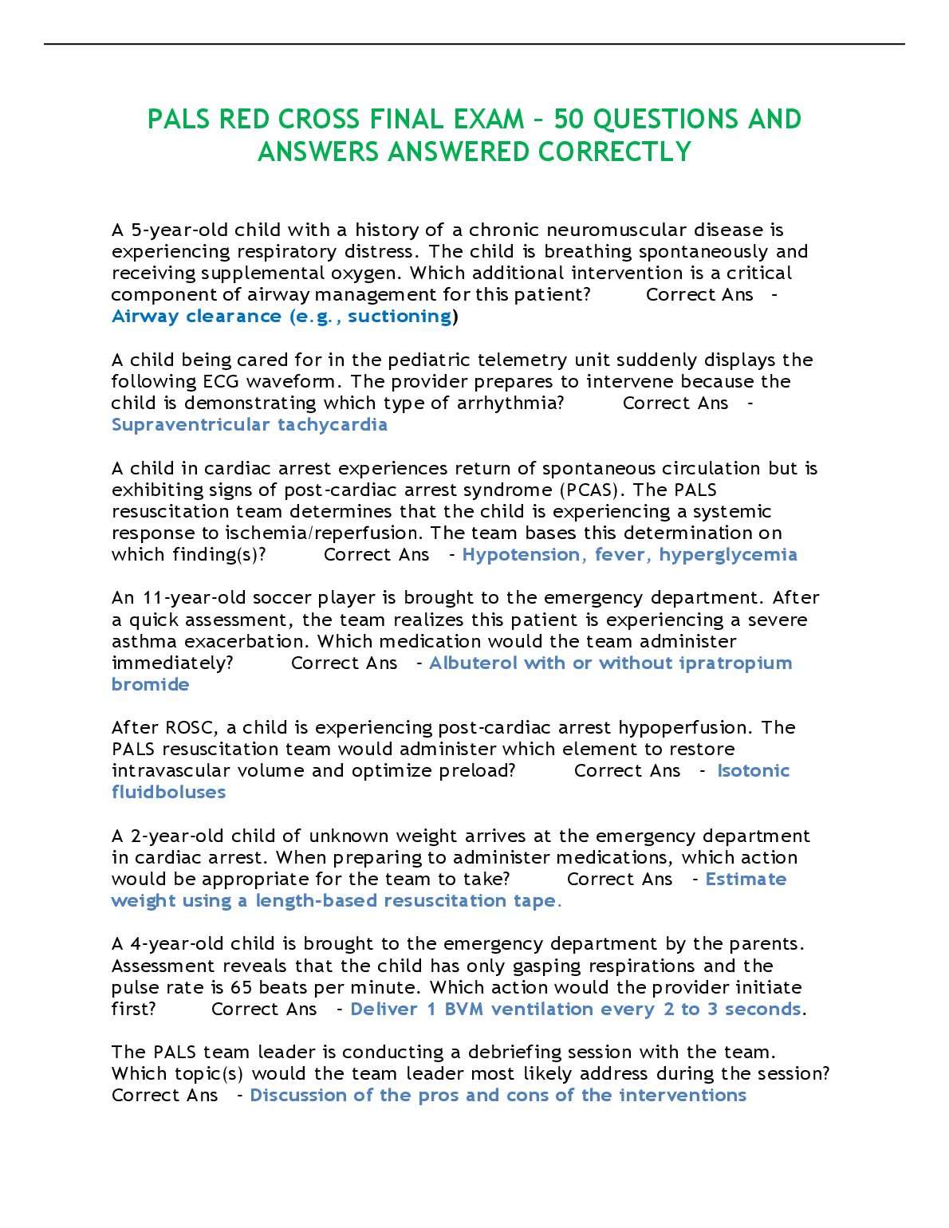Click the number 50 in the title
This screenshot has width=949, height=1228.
[x=569, y=120]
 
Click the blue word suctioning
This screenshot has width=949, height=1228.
[x=400, y=317]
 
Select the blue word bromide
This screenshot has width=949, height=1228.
[x=151, y=685]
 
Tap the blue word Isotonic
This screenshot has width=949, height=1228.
[x=753, y=771]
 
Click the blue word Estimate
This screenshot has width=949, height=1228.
[x=746, y=880]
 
